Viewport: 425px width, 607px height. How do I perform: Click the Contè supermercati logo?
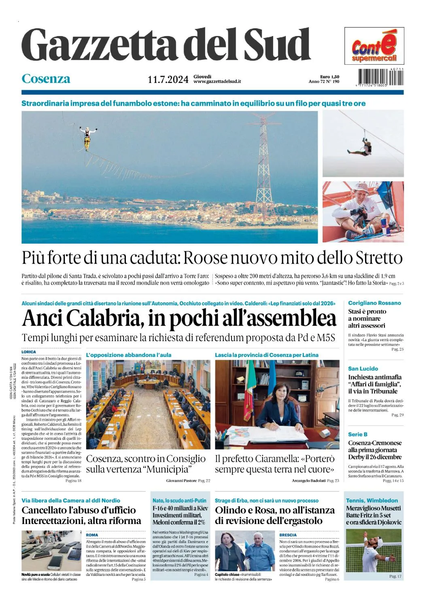(374, 46)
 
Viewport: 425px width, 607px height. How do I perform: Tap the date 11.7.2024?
(168, 79)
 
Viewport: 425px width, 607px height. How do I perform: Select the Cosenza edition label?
(46, 79)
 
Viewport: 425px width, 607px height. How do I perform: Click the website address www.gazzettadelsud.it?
(217, 81)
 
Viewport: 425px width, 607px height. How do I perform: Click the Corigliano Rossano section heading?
(374, 303)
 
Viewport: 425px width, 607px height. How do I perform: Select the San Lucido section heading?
(363, 369)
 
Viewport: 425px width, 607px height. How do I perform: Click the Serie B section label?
(358, 434)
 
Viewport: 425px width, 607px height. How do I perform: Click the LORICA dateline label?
(29, 352)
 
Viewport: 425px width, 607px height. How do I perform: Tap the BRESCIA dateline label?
(288, 535)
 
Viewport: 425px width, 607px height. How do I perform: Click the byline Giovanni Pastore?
(181, 481)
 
